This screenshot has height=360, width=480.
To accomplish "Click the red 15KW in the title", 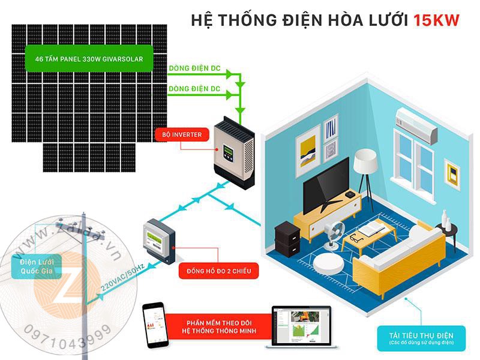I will click(436, 20).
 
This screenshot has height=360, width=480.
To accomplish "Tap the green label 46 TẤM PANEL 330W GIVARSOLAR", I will click(89, 59).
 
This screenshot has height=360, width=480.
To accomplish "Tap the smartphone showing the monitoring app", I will click(153, 326).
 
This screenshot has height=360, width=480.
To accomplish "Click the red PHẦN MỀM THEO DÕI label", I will click(221, 326).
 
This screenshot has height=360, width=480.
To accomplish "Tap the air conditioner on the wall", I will click(418, 125).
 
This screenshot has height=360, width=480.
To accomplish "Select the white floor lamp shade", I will click(364, 160).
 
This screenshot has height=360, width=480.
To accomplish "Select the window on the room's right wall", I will click(415, 163).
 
